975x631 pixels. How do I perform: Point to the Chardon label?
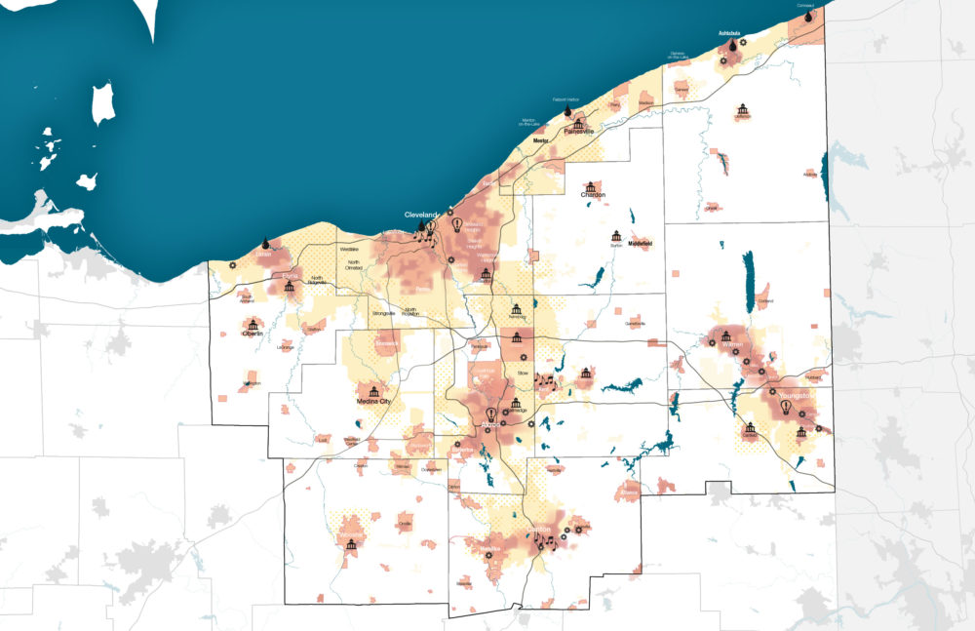tap(593, 195)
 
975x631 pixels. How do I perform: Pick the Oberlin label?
tap(253, 334)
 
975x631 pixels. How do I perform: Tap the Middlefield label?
tap(640, 243)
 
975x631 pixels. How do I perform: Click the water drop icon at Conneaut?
tap(808, 16)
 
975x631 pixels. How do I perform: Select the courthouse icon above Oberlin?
tap(253, 323)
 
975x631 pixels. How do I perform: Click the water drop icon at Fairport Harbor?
tap(567, 112)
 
